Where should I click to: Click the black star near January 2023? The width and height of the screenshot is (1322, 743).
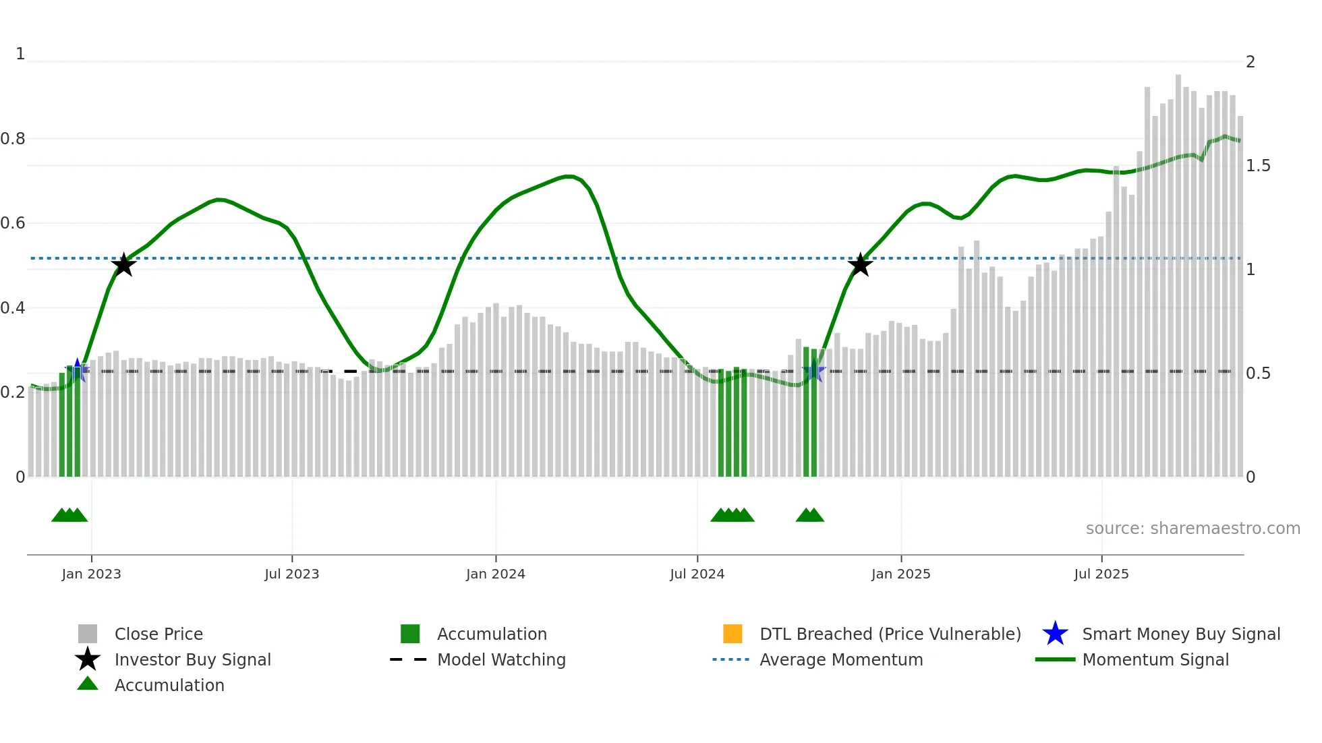[x=123, y=265]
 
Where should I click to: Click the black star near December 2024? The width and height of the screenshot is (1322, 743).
[x=860, y=265]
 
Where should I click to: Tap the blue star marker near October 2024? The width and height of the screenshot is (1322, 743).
[x=813, y=371]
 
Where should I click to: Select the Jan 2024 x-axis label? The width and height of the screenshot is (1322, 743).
[x=495, y=574]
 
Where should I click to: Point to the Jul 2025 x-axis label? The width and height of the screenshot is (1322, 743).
[x=1101, y=574]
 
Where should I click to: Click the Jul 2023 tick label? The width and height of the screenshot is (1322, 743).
[x=291, y=574]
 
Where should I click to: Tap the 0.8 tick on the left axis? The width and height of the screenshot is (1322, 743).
[x=13, y=139]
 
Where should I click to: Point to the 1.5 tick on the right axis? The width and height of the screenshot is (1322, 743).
[x=1257, y=166]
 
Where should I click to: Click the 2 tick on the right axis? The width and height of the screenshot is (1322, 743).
[x=1251, y=62]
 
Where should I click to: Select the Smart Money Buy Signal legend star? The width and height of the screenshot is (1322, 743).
[x=1055, y=634]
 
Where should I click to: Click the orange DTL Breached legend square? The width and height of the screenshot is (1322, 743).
[x=732, y=634]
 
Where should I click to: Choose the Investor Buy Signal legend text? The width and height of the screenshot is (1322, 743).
[x=192, y=659]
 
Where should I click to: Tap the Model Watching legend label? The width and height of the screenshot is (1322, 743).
[x=501, y=659]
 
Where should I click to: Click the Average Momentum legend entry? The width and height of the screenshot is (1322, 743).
[x=841, y=659]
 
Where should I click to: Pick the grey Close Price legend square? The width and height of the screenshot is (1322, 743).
[x=88, y=634]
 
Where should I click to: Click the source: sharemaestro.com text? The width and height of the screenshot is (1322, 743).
[x=1192, y=528]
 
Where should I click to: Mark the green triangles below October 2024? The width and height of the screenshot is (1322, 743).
[x=809, y=515]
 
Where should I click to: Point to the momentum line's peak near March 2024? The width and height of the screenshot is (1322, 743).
[x=569, y=176]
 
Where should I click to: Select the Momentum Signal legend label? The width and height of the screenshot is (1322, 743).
[x=1155, y=659]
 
